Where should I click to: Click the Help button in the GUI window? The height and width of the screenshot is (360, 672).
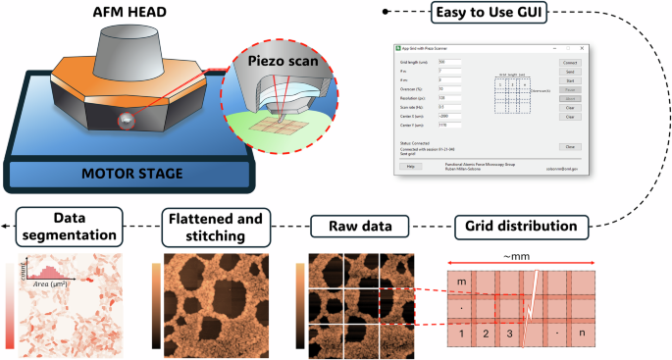[x=411, y=167]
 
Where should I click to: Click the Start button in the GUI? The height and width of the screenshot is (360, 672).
[x=568, y=80]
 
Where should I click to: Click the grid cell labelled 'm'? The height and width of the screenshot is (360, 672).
[x=461, y=283]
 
